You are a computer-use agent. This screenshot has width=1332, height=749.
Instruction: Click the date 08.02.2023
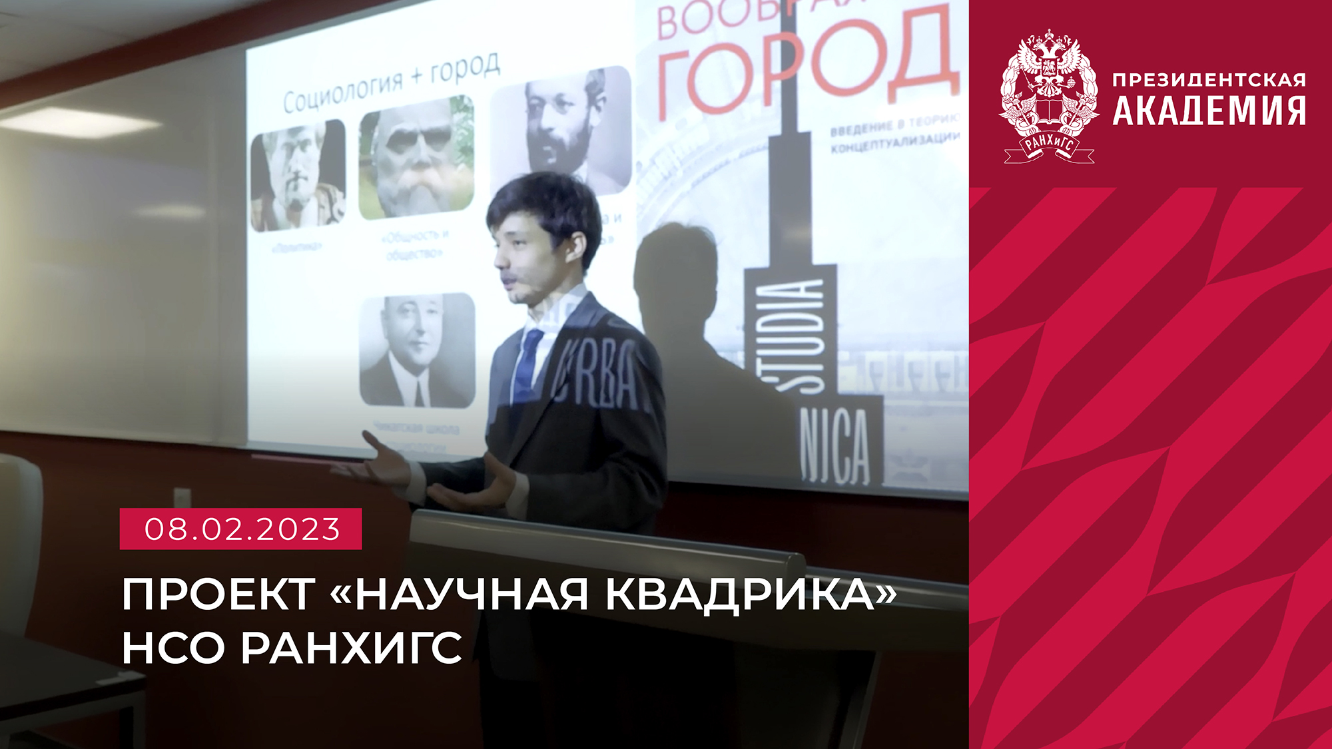[241, 529]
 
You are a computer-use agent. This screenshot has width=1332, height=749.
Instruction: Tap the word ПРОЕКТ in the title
[218, 594]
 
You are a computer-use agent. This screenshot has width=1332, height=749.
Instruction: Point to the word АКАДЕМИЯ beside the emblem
[1209, 111]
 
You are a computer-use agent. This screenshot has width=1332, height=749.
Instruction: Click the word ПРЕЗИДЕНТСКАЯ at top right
[1209, 80]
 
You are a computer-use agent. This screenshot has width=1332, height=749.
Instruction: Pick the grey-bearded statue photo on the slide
[416, 158]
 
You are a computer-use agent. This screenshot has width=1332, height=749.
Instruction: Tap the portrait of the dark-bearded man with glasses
[561, 126]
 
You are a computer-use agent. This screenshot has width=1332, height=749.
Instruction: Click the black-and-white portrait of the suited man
[417, 350]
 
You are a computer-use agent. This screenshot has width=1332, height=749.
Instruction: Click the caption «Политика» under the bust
[297, 247]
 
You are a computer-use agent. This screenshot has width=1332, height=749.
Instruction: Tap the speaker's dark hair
[543, 203]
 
